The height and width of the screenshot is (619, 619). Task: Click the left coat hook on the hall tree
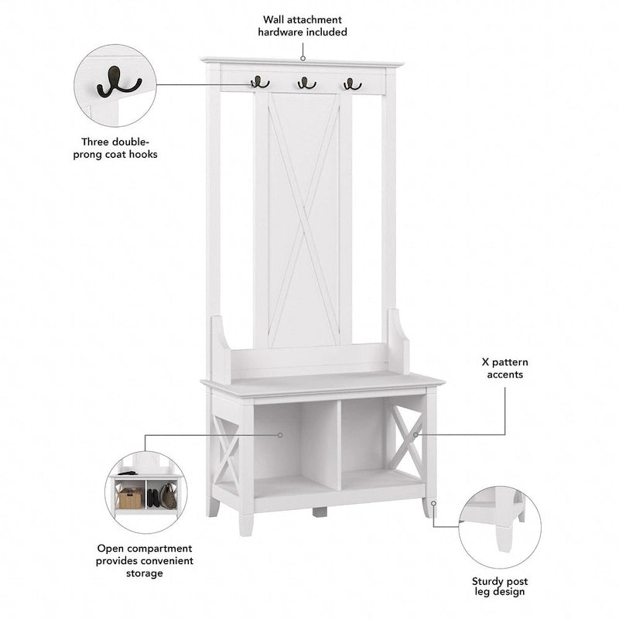(259, 81)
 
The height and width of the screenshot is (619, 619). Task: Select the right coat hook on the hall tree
(352, 82)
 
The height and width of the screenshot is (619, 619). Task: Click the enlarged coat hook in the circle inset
(118, 82)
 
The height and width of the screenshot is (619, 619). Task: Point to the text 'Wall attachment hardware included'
(303, 26)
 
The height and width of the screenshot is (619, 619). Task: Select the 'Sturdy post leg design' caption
(499, 586)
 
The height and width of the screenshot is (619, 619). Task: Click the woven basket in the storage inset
(130, 498)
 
